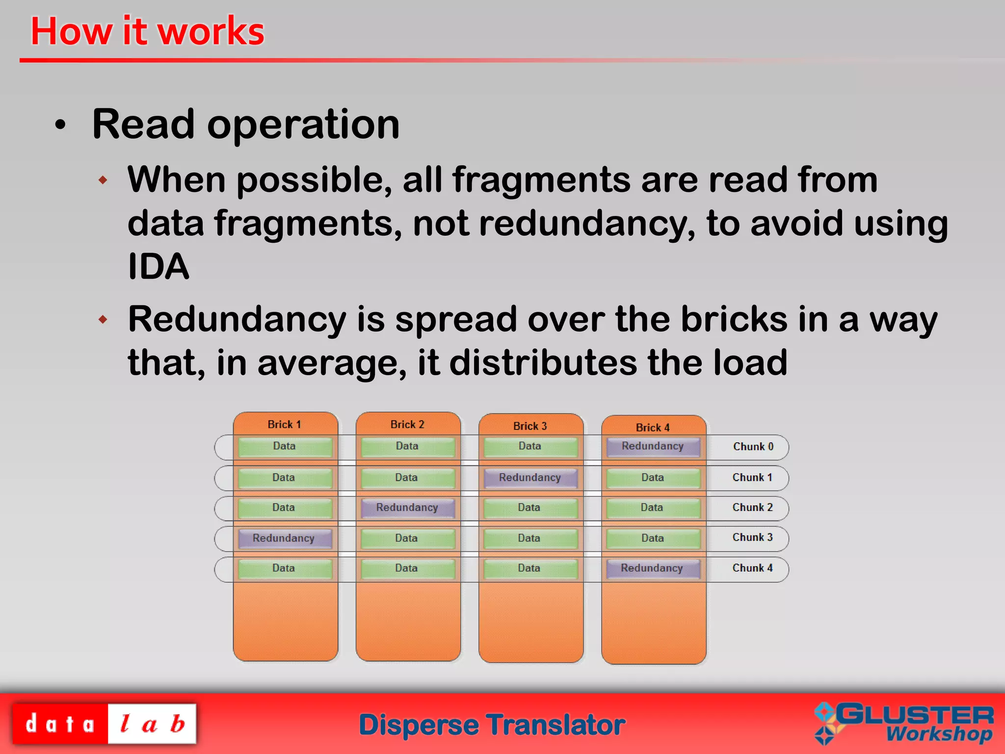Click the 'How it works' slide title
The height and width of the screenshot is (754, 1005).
[x=147, y=31]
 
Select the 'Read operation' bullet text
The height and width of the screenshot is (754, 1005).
[x=245, y=125]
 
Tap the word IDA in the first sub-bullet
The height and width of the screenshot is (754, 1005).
[x=158, y=267]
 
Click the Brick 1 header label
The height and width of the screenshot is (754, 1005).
[x=284, y=425]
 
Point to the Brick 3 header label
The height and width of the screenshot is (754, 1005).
[x=530, y=426]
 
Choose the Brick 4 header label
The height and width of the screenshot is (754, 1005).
[x=653, y=428]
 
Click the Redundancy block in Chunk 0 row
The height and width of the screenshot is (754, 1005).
[x=653, y=447]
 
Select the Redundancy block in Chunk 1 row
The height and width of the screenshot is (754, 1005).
[x=530, y=478]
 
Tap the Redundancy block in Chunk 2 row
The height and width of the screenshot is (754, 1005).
[x=407, y=508]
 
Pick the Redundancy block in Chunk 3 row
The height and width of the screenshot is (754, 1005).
[x=284, y=538]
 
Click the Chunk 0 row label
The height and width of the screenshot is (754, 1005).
[x=753, y=447]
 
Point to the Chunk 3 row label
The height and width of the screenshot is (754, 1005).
[x=752, y=538]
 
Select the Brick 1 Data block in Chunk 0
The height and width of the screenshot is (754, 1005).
[x=284, y=447]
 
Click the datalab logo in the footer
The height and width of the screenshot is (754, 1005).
[x=104, y=724]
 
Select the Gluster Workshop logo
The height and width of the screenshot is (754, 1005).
[x=904, y=724]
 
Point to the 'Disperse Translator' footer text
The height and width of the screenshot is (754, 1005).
[x=492, y=725]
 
